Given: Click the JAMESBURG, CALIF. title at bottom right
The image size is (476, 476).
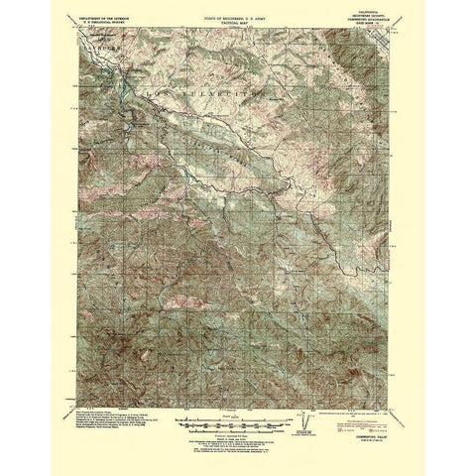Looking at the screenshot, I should point(377,419).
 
